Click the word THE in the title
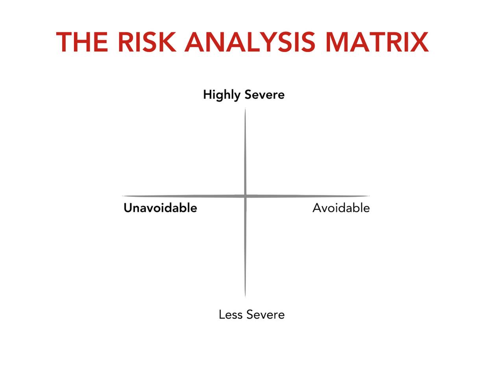pyautogui.click(x=82, y=42)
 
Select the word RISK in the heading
pyautogui.click(x=147, y=42)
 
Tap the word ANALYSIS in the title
pyautogui.click(x=250, y=42)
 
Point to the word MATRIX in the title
pyautogui.click(x=377, y=42)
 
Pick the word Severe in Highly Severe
pyautogui.click(x=264, y=95)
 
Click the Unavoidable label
pyautogui.click(x=160, y=208)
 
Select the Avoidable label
pyautogui.click(x=341, y=208)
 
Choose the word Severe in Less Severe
pyautogui.click(x=265, y=314)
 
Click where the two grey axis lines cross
pyautogui.click(x=245, y=196)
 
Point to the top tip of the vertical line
pyautogui.click(x=245, y=108)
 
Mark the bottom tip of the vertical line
pyautogui.click(x=245, y=297)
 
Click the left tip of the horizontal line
pyautogui.click(x=122, y=196)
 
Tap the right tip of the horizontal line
pyautogui.click(x=370, y=196)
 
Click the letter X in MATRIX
pyautogui.click(x=419, y=42)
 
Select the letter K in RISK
pyautogui.click(x=167, y=42)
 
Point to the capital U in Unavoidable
pyautogui.click(x=128, y=208)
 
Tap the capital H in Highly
pyautogui.click(x=207, y=95)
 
